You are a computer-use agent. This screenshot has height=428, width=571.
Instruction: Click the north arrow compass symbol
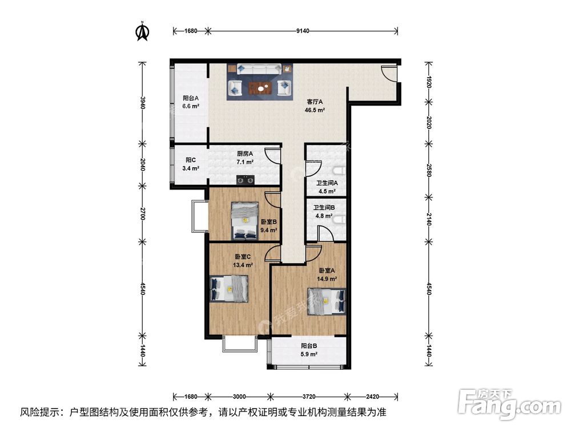coord(142,31)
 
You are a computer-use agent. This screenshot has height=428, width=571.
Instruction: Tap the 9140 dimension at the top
coord(303,31)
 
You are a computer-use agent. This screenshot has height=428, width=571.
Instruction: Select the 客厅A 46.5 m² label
coord(316,106)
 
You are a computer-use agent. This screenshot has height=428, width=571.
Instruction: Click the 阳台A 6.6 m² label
coord(191,102)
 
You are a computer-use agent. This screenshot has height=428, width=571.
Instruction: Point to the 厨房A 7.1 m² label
coord(246,158)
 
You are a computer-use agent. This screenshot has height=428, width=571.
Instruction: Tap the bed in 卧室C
coord(229,288)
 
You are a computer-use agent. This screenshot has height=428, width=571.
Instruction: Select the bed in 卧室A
coord(327,301)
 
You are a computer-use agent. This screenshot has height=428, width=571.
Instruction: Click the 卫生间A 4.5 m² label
coord(328,187)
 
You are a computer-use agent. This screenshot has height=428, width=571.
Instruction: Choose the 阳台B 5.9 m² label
coord(309,349)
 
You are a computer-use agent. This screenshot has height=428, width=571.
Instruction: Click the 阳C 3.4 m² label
coord(191,164)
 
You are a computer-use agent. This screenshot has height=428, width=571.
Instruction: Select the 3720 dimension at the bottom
coord(308,396)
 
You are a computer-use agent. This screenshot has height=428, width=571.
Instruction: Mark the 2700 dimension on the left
coord(142,214)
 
